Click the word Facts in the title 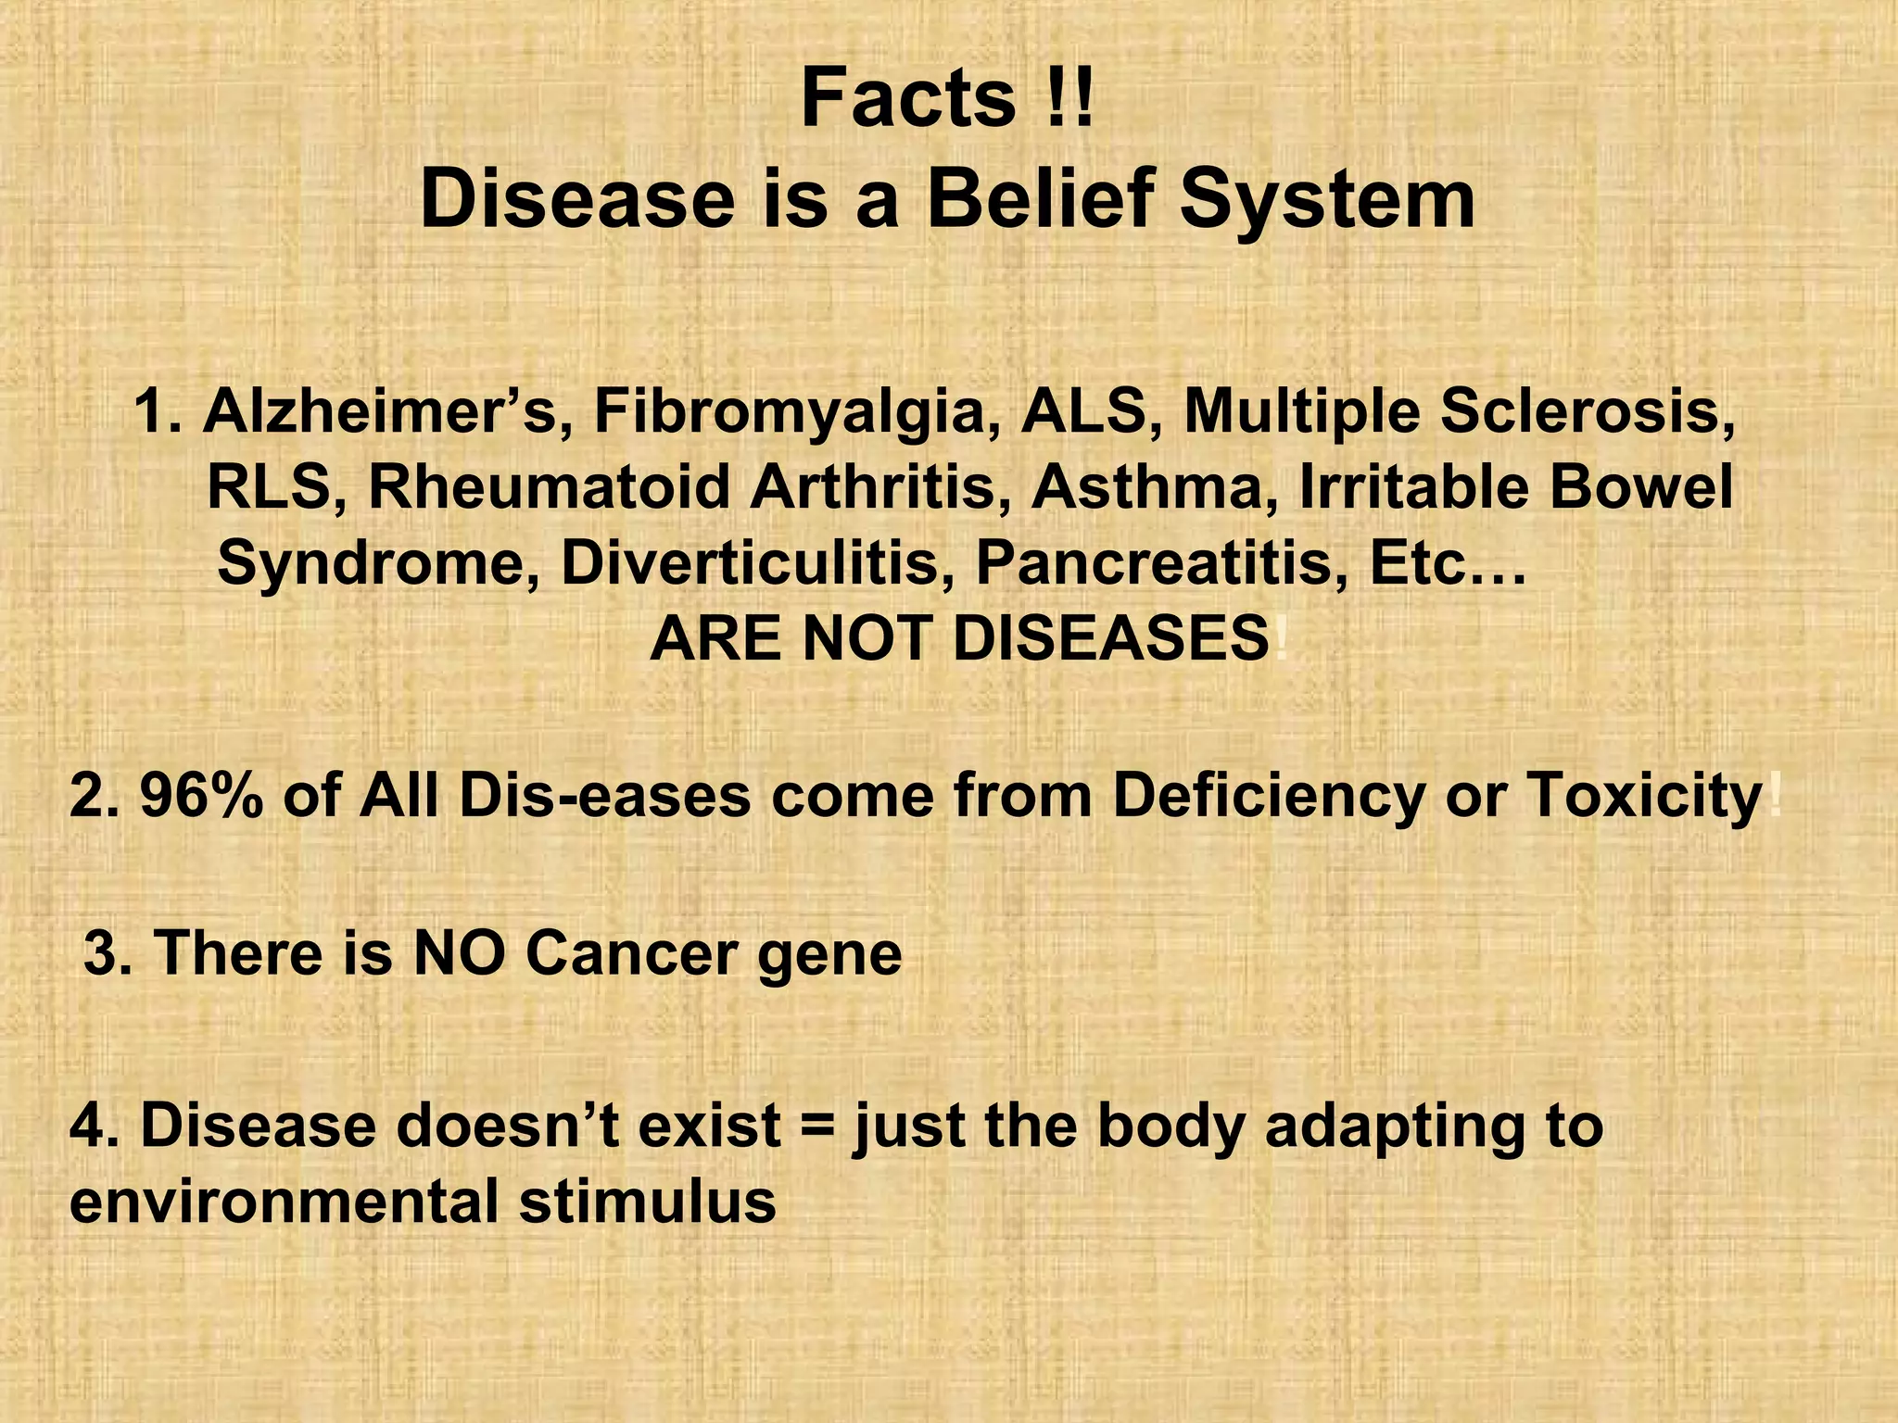coord(908,100)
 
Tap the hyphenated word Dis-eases coord(603,795)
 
